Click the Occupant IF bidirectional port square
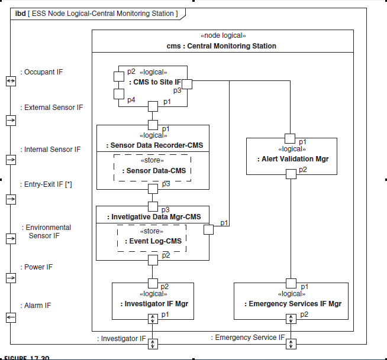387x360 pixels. pos(11,80)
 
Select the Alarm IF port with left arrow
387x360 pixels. pos(11,317)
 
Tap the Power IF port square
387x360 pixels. pos(11,278)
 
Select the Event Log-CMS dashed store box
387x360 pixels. pos(152,238)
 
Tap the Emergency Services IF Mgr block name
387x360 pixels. pos(293,304)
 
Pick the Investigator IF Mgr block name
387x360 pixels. pos(152,304)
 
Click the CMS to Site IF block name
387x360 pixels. pos(155,82)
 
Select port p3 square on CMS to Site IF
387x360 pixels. pos(187,83)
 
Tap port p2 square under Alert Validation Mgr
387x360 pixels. pos(291,174)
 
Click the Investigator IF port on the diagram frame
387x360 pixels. pos(153,343)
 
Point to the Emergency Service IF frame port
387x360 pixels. pos(291,343)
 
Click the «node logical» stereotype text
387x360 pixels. pos(221,36)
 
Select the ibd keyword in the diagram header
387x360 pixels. pos(20,13)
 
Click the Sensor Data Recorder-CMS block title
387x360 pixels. pos(153,144)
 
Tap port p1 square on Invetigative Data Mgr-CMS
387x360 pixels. pos(209,230)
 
